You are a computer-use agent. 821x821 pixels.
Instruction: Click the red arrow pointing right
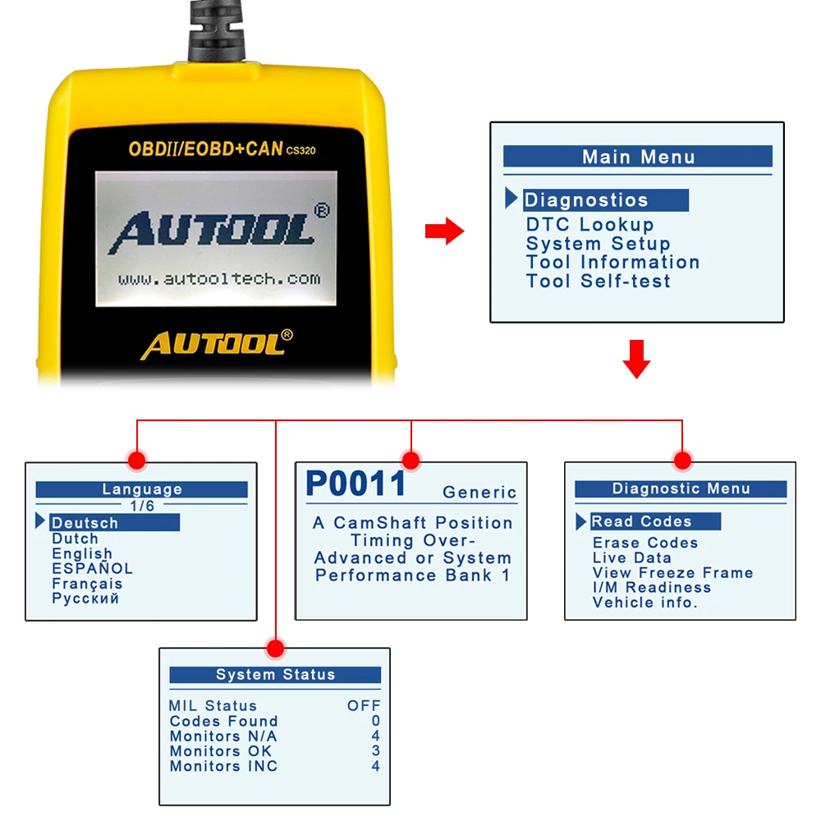[444, 231]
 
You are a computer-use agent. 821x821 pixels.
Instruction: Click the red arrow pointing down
[637, 360]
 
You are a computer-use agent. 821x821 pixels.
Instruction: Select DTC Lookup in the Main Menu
[590, 225]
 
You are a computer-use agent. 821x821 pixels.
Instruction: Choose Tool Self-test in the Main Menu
[598, 281]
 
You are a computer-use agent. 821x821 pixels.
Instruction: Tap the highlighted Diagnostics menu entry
[606, 200]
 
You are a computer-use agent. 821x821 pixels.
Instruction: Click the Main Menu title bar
[638, 156]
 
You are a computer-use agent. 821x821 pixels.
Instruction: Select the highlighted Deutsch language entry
[115, 522]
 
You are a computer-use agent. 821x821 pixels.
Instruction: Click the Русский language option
[85, 599]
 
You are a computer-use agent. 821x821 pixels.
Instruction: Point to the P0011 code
[356, 484]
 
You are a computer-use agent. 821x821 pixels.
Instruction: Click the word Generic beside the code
[479, 492]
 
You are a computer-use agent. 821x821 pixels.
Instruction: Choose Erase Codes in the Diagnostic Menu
[645, 543]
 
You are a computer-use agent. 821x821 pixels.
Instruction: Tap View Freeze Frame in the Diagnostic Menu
[673, 573]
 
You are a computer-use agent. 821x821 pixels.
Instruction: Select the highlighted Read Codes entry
[655, 521]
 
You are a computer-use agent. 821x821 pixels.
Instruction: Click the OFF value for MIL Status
[364, 705]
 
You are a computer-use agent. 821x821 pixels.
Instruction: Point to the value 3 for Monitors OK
[376, 750]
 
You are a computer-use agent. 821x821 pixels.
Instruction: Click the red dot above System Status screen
[275, 649]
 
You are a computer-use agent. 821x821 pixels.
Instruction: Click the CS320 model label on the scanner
[300, 151]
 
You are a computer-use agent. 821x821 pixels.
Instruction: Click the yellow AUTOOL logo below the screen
[217, 344]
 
